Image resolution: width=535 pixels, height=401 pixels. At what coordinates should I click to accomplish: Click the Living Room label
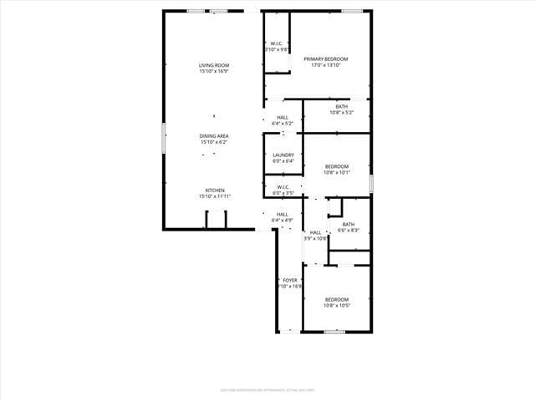(x=214, y=65)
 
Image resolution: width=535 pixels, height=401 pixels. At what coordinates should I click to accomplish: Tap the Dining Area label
(x=214, y=136)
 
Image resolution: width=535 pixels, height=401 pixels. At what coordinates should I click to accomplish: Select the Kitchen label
(x=215, y=190)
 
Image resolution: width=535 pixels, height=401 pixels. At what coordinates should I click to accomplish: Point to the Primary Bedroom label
(x=325, y=58)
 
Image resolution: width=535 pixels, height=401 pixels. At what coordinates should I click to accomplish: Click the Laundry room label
(x=283, y=155)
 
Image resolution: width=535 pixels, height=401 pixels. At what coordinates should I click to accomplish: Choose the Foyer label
(x=290, y=280)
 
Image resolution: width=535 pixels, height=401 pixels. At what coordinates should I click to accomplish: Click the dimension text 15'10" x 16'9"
(x=214, y=71)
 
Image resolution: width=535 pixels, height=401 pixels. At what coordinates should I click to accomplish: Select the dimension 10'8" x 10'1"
(x=337, y=172)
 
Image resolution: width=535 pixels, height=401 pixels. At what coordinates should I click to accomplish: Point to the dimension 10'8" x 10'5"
(x=337, y=305)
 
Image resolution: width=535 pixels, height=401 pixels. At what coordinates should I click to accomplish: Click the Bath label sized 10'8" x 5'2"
(x=342, y=106)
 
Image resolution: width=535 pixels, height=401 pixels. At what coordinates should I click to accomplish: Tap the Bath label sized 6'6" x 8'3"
(x=348, y=224)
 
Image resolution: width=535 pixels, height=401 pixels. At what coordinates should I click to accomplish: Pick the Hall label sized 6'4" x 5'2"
(x=283, y=117)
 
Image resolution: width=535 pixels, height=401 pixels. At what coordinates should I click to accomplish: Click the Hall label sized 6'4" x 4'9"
(x=283, y=214)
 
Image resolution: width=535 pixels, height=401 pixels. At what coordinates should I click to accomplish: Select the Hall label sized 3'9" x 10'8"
(x=315, y=232)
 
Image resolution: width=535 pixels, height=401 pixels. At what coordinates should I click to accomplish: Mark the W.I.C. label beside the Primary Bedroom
(x=277, y=43)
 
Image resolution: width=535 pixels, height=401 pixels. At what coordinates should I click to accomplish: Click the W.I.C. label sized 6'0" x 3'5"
(x=283, y=187)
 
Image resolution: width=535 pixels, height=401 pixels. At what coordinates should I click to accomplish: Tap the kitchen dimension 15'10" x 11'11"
(x=215, y=196)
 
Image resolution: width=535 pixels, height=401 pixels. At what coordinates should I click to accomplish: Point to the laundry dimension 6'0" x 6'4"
(x=283, y=160)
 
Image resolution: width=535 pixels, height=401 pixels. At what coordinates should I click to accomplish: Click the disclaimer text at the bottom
(x=267, y=389)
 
